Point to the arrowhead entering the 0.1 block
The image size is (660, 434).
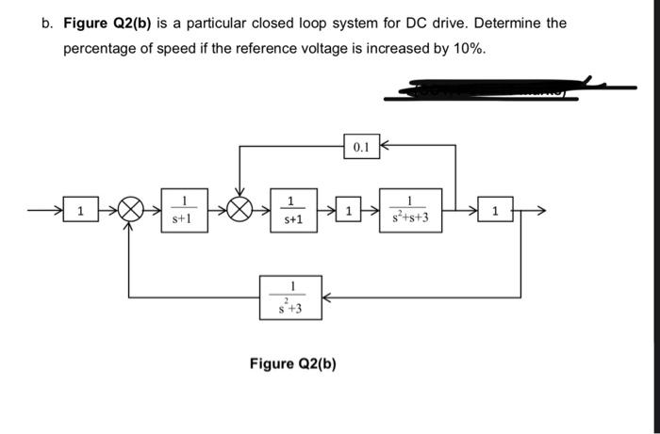point(382,147)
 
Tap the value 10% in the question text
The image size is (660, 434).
point(467,47)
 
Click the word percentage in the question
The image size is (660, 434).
point(101,47)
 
